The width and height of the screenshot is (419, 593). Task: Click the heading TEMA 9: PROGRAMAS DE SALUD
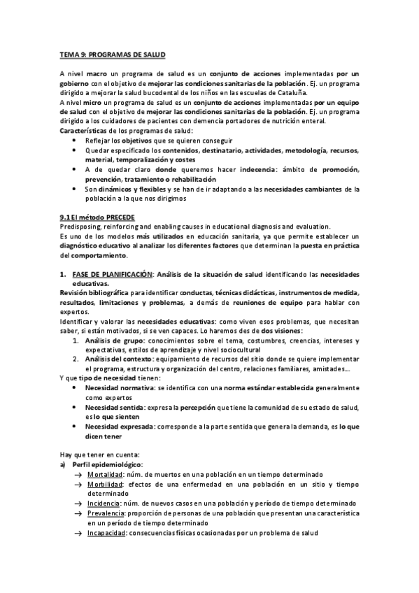(112, 54)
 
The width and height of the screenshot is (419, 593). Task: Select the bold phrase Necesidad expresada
(118, 425)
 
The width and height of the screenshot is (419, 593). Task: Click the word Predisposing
(80, 227)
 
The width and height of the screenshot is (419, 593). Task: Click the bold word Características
(85, 131)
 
